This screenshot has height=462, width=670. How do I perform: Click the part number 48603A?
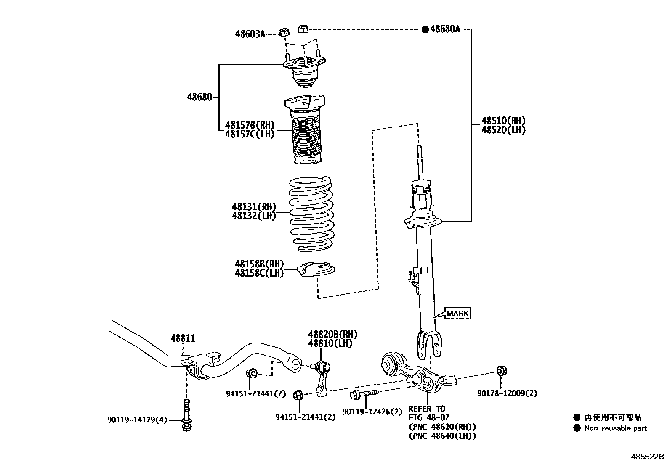250,34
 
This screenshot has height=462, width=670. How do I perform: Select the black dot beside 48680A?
425,29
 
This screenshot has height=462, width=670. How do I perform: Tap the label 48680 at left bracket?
199,98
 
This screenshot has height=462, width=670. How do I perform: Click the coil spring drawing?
312,214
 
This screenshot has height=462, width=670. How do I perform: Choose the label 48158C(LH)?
259,273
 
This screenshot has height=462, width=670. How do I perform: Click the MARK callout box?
457,313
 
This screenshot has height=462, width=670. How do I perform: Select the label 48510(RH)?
504,121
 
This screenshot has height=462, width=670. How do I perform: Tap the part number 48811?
183,338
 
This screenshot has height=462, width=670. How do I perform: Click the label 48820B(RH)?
332,335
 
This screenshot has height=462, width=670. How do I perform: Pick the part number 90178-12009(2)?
507,393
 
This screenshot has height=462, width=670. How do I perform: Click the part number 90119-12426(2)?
372,412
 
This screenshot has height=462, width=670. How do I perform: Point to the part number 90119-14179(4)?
137,420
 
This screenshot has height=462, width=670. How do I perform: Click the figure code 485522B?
646,456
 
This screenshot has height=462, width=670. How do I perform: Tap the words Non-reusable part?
615,428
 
